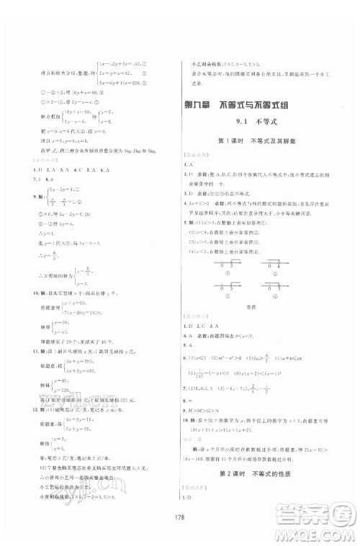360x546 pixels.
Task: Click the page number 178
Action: (x=179, y=517)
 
